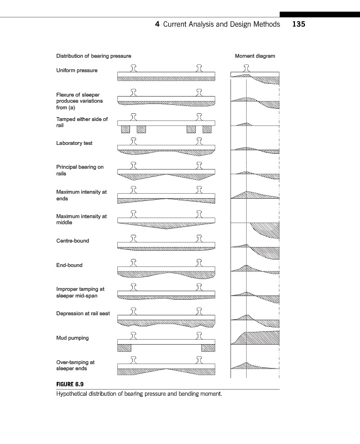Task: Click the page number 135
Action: click(299, 24)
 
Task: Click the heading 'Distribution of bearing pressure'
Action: click(94, 56)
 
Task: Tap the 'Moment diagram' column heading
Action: click(255, 56)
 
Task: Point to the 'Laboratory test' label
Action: click(74, 143)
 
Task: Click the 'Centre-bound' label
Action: click(73, 241)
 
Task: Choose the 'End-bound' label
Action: click(69, 265)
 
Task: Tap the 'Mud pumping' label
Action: click(72, 338)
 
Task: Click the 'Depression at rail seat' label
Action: click(83, 314)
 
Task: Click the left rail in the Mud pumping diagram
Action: click(133, 335)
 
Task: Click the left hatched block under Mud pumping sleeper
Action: click(124, 347)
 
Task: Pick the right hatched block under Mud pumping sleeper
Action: click(208, 347)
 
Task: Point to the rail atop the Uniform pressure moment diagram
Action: click(246, 68)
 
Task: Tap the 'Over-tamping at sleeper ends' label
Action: click(76, 365)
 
